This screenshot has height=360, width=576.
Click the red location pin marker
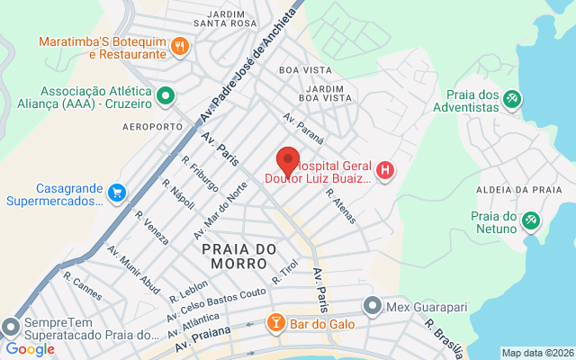pyautogui.click(x=288, y=160)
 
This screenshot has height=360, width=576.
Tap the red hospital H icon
pyautogui.click(x=385, y=170)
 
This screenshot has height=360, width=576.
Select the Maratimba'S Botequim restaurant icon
pyautogui.click(x=180, y=47)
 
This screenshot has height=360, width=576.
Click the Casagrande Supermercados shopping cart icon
pyautogui.click(x=115, y=193)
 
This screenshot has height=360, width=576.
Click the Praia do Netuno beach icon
pyautogui.click(x=531, y=220)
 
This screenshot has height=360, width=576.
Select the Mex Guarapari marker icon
pyautogui.click(x=373, y=306)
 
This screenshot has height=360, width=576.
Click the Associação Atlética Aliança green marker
pyautogui.click(x=166, y=94)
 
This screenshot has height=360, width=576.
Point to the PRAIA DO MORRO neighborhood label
pyautogui.click(x=234, y=256)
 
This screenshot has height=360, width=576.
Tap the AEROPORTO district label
pyautogui.click(x=152, y=127)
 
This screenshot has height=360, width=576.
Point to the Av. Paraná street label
pyautogui.click(x=302, y=123)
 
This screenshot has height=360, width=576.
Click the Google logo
pyautogui.click(x=30, y=349)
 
